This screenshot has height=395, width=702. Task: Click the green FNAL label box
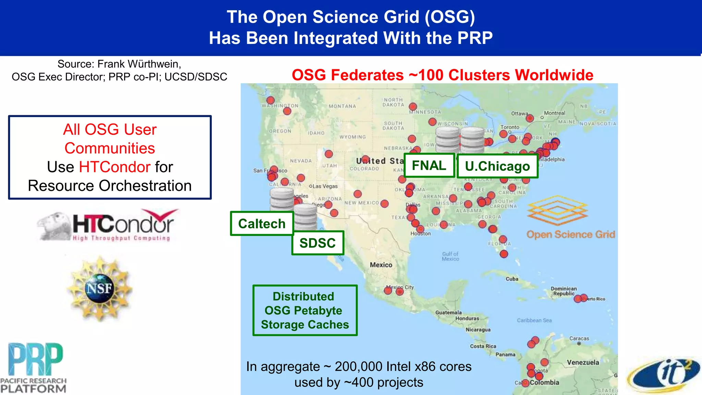429,165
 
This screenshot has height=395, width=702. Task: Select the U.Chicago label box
497,166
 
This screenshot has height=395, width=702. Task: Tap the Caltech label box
262,224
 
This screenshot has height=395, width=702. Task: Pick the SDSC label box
317,243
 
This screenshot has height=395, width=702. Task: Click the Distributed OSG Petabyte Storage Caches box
305,310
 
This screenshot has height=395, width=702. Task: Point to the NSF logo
99,288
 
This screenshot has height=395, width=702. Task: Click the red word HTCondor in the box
114,167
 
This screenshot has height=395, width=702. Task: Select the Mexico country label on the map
381,265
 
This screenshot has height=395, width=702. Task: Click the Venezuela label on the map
583,362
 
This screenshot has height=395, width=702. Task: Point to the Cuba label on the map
512,279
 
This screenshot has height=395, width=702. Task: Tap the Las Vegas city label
325,186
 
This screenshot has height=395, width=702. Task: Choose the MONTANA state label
342,106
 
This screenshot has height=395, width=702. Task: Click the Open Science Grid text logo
570,235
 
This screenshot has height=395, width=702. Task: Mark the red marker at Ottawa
530,118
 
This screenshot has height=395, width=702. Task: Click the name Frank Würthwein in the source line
139,64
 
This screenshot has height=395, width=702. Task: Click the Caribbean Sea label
534,320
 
